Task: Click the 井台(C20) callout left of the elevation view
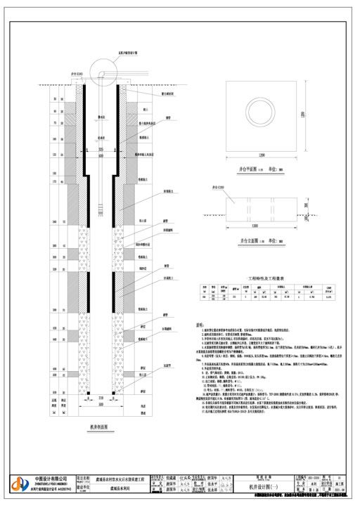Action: (208, 189)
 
